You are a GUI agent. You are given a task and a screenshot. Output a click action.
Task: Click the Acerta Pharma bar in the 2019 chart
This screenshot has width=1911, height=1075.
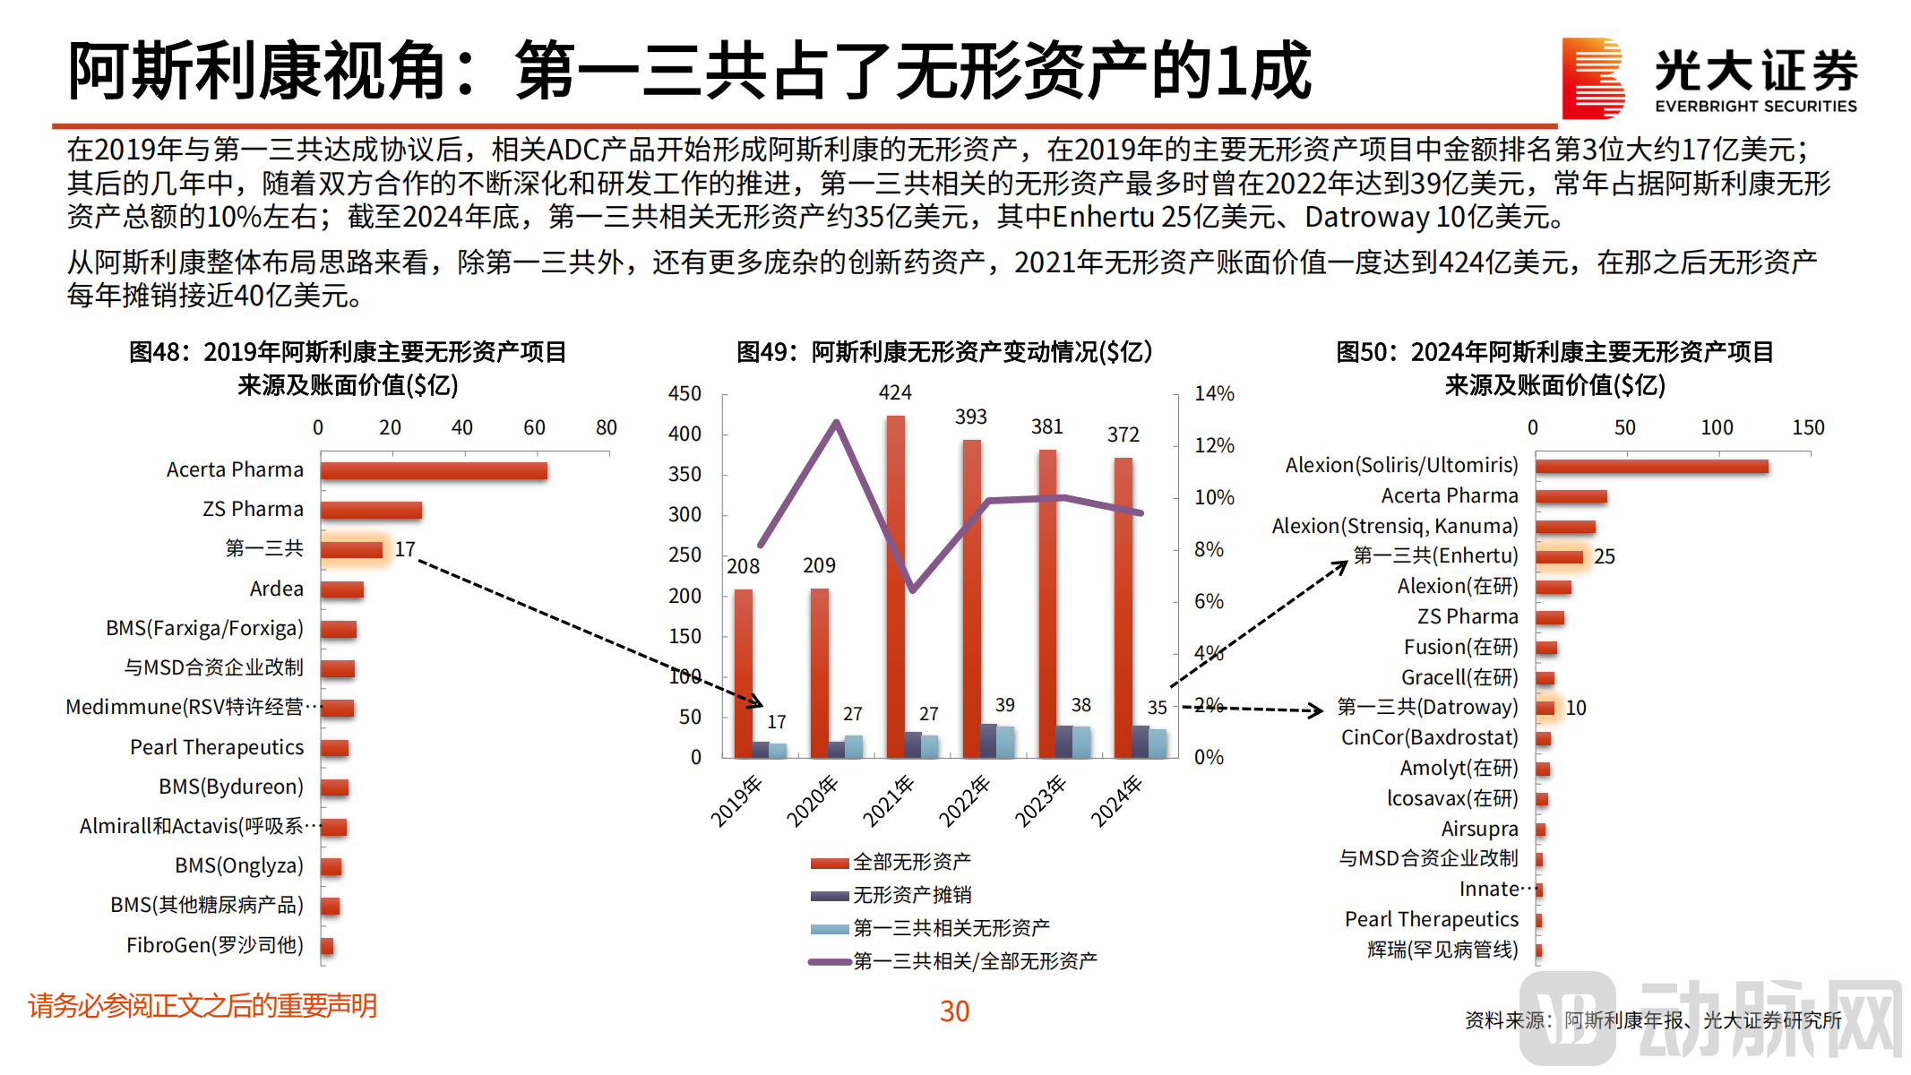434,470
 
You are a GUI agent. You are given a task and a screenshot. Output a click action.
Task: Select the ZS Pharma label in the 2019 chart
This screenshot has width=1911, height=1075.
253,509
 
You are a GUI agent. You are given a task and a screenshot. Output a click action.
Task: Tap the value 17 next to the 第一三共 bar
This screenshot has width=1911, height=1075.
405,549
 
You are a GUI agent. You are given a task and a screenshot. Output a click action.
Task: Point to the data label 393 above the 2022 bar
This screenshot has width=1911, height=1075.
970,417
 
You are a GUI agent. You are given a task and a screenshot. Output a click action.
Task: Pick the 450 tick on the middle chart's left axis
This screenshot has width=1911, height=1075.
684,393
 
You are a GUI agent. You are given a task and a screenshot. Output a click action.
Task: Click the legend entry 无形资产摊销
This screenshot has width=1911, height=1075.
911,894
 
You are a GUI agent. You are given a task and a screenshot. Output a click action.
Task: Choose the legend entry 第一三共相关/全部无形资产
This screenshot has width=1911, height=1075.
974,961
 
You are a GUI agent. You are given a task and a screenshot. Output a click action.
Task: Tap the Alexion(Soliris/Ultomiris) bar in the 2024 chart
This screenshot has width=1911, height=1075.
1651,466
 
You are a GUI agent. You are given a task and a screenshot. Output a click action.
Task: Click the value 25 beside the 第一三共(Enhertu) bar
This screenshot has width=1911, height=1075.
1604,556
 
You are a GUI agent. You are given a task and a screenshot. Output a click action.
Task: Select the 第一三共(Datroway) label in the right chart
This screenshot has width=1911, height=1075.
1427,707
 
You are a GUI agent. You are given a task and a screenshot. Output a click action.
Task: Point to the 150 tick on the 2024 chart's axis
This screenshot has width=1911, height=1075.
1807,427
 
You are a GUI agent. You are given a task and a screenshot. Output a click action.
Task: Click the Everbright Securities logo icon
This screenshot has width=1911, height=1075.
1592,78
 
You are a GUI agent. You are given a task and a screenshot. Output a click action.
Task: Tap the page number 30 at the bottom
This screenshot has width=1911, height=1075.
954,1011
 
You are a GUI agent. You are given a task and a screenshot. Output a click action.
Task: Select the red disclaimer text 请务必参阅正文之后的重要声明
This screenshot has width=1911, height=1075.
202,1006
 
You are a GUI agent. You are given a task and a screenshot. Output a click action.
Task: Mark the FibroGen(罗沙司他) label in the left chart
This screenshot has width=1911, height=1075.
215,945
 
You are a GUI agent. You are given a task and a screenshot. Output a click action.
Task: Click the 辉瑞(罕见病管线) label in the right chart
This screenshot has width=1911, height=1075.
1442,950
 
